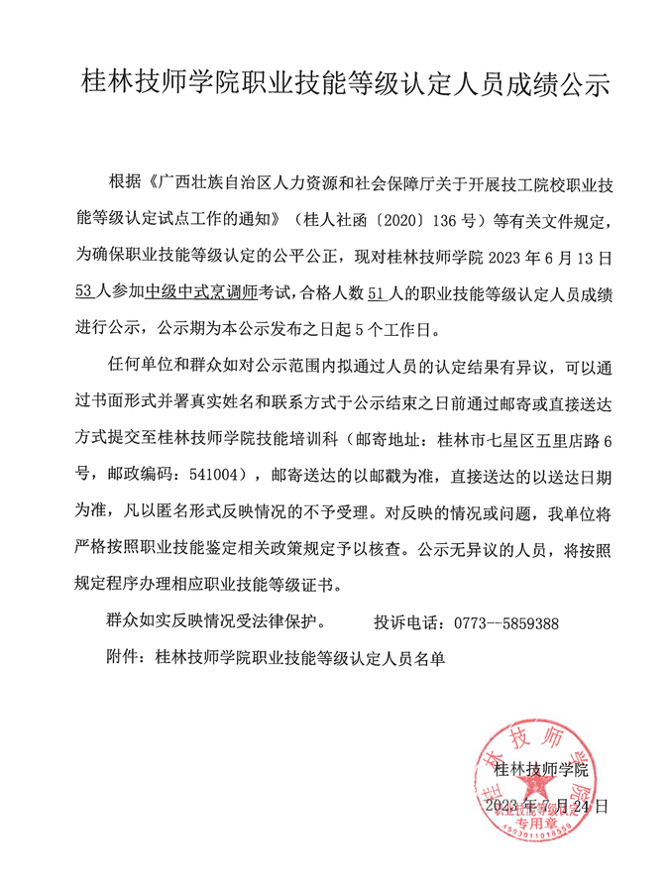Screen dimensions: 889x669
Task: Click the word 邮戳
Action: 382,475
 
